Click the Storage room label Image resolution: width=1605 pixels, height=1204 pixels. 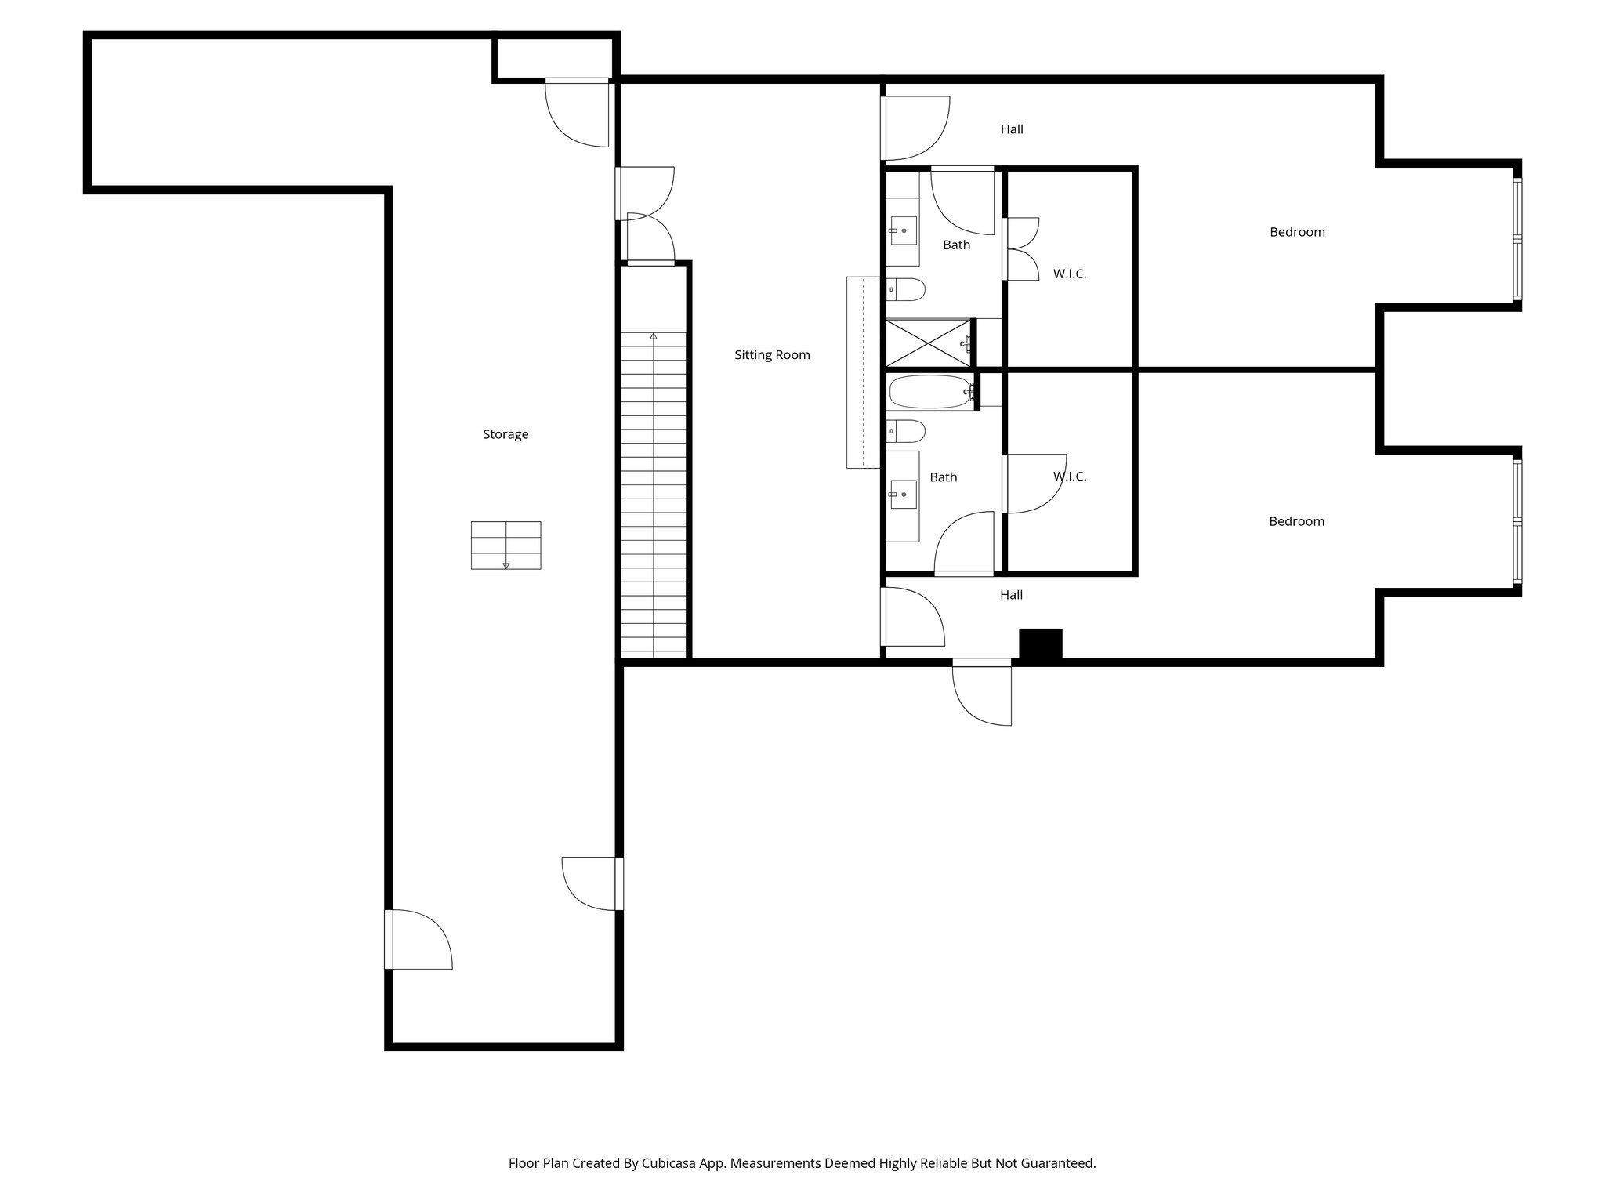[x=505, y=434]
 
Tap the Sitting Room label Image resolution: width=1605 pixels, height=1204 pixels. [x=772, y=355]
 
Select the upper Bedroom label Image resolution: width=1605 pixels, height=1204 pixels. [x=1297, y=232]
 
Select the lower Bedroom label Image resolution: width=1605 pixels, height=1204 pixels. [x=1296, y=521]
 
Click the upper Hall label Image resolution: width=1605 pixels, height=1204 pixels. [x=1012, y=129]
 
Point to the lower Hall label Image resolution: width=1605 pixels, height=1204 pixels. [x=1011, y=595]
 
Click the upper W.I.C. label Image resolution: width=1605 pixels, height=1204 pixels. [x=1070, y=274]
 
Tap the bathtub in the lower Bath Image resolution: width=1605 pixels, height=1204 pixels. [x=929, y=391]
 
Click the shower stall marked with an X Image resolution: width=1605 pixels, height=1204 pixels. [x=928, y=343]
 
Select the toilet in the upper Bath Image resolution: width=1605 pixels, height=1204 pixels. [x=907, y=290]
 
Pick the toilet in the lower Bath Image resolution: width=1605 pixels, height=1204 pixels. [x=907, y=430]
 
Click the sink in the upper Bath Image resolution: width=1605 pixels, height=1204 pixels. [x=904, y=231]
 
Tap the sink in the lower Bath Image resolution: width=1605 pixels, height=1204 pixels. [x=904, y=495]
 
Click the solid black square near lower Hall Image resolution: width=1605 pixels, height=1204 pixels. [x=1040, y=644]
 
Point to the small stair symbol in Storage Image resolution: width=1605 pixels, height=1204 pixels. [x=505, y=545]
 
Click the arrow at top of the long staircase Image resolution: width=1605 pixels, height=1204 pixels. [x=654, y=336]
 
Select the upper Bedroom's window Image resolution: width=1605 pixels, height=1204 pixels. [x=1517, y=239]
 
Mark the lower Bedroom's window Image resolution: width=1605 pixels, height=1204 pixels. [x=1517, y=521]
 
